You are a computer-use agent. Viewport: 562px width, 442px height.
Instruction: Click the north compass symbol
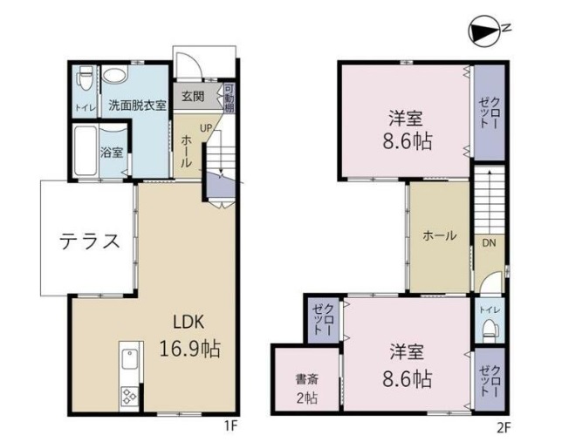pos(483,31)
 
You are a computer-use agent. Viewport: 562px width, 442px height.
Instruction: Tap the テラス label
pos(90,241)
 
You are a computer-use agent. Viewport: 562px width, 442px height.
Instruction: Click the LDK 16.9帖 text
pos(189,336)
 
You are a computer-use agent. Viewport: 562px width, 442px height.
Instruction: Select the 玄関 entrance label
pos(193,96)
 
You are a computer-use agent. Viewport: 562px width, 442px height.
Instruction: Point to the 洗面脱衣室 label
pos(138,105)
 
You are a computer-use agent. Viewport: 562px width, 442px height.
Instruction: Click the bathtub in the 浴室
pos(85,151)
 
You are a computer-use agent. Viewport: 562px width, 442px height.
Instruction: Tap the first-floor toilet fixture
pos(86,78)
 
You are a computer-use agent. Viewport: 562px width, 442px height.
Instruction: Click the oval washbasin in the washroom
pos(114,76)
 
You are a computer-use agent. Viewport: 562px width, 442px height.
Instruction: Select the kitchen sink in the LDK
pos(129,358)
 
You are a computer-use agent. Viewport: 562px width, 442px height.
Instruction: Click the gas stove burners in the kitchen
pos(129,397)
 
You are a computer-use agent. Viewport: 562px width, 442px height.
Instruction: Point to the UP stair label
pos(206,128)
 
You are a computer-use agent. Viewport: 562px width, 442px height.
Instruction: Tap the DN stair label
pos(489,243)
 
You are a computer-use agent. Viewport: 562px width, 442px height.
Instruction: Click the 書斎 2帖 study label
pos(307,389)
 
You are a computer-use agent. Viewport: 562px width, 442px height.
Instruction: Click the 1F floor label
pos(230,426)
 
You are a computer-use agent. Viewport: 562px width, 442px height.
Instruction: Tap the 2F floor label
pos(504,427)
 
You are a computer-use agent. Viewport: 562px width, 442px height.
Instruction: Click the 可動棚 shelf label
pos(229,98)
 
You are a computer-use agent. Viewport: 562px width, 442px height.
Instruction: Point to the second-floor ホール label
pos(440,235)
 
